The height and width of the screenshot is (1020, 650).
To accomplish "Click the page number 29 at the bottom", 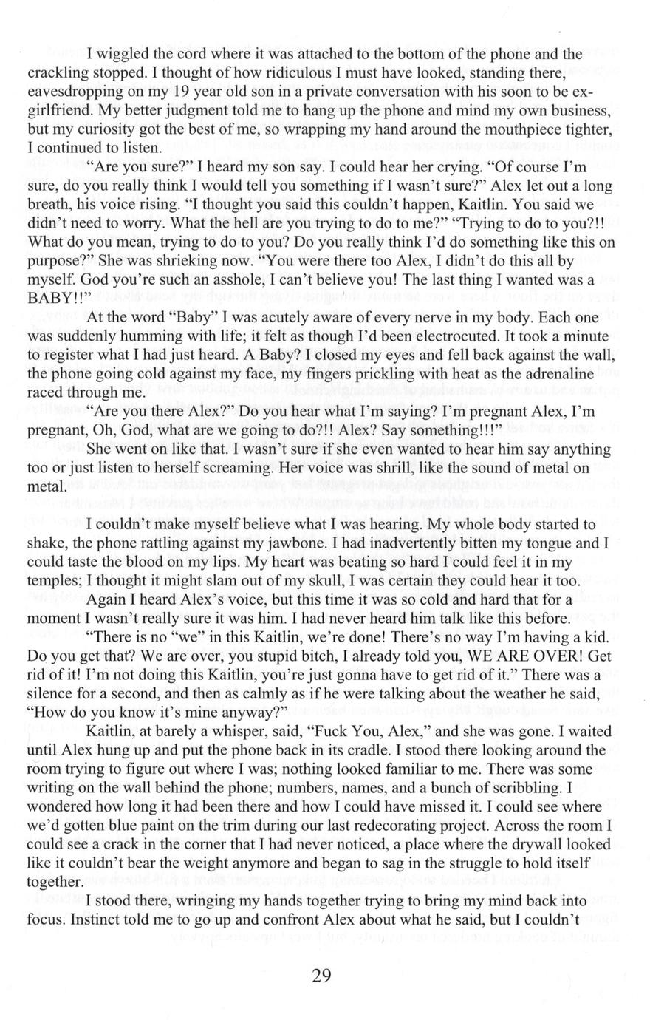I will [321, 976].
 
